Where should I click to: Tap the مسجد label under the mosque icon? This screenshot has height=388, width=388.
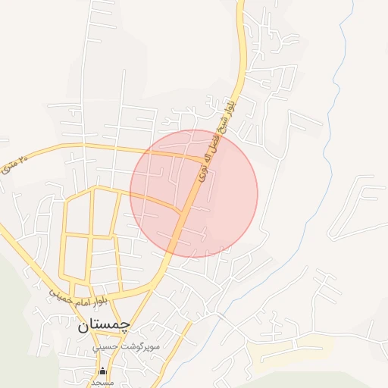103,383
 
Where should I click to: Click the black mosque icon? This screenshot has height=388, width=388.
104,371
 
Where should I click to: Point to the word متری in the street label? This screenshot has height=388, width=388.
8,163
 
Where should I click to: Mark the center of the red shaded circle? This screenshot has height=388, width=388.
194,194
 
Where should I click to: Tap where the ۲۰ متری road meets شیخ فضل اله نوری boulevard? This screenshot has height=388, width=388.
203,160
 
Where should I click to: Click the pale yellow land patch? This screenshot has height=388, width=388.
303,350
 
